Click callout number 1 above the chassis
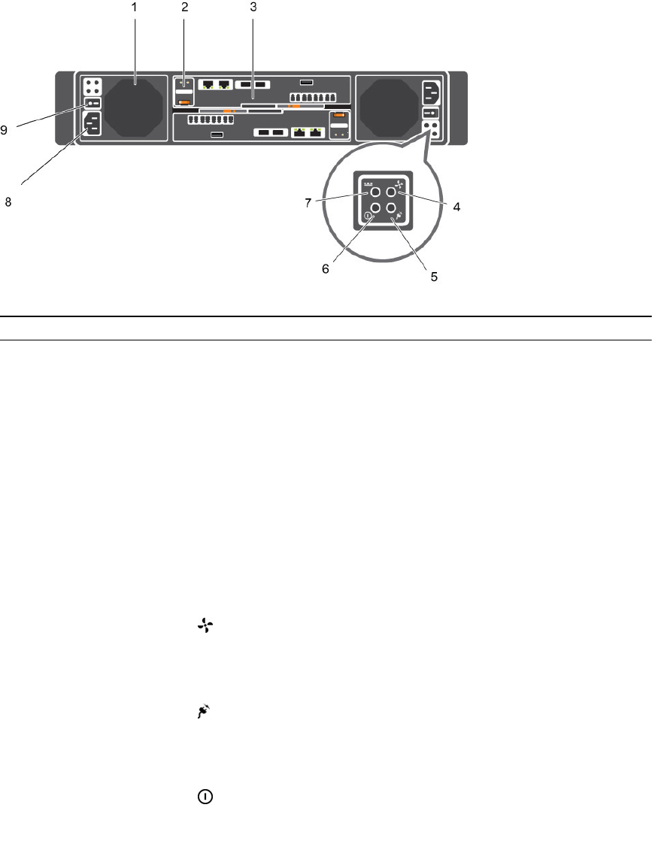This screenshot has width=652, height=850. click(135, 8)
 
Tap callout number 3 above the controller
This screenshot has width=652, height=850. click(253, 8)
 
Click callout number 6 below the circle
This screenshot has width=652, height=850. click(326, 268)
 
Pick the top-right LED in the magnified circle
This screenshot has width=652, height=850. click(391, 193)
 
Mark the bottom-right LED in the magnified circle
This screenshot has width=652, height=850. click(391, 210)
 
